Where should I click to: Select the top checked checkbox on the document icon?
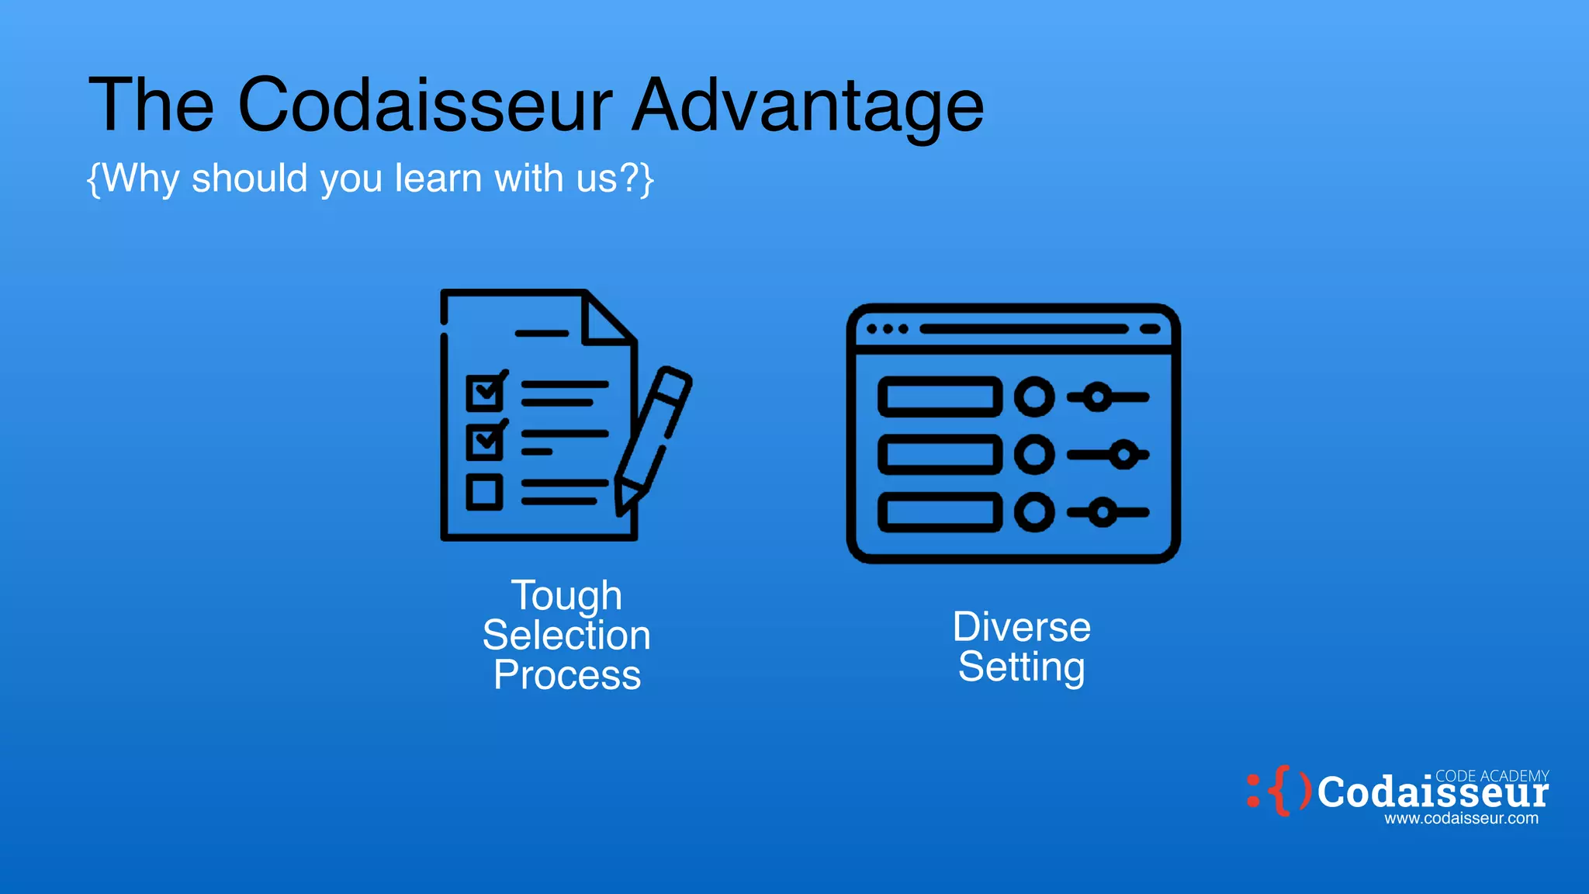[x=485, y=393]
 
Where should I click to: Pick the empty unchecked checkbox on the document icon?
[x=485, y=492]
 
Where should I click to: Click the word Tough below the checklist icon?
[x=566, y=596]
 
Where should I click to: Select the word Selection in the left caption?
[x=566, y=636]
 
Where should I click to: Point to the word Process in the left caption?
[x=567, y=675]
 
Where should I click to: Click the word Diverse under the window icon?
[x=1021, y=627]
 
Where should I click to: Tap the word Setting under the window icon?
[x=1021, y=667]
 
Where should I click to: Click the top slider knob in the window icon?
[x=1097, y=397]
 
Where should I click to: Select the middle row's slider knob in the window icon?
[x=1123, y=455]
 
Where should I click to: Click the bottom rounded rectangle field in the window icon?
[x=940, y=512]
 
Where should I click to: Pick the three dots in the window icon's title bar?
[x=887, y=329]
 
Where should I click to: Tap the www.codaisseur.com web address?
[x=1461, y=819]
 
